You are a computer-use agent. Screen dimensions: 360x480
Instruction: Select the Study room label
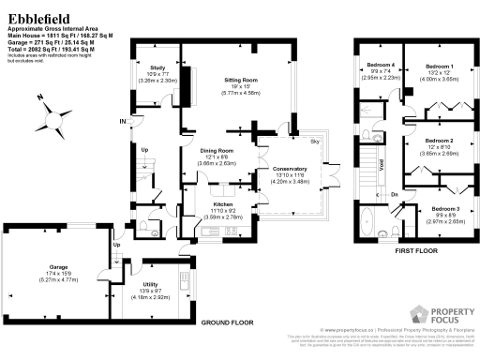pyautogui.click(x=157, y=67)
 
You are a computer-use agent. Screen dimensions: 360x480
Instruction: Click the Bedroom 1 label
pyautogui.click(x=439, y=67)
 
